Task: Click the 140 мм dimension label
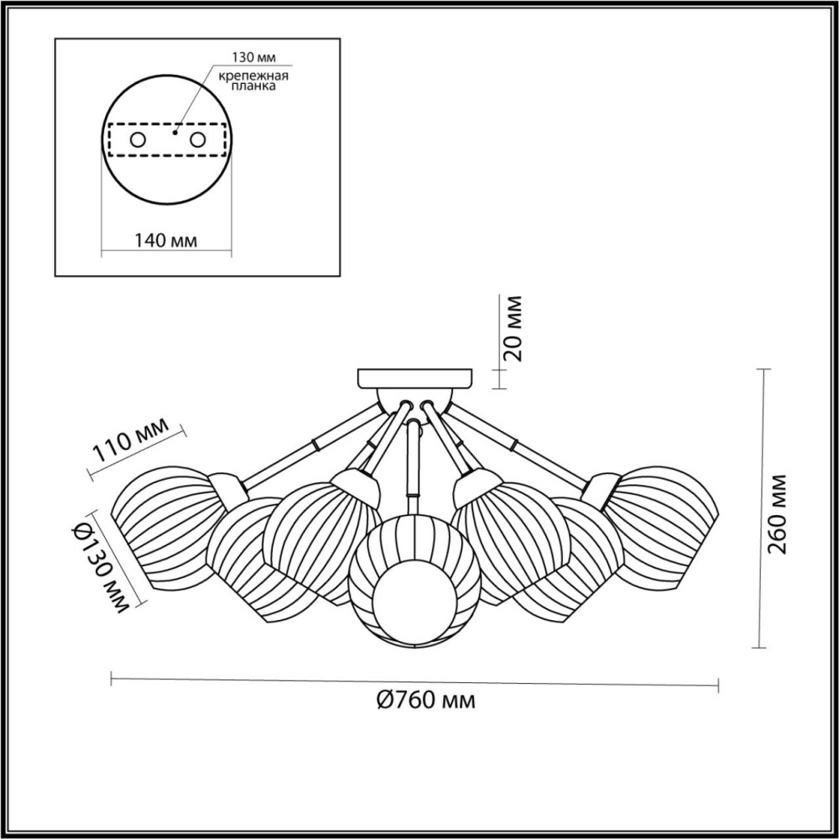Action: [165, 240]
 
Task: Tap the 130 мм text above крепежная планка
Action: [253, 58]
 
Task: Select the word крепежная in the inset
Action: [253, 76]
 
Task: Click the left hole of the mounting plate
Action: [138, 140]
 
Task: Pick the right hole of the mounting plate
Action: [197, 140]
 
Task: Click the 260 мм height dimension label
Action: [777, 514]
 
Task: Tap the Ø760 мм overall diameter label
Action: [425, 700]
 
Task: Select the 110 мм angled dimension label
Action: [131, 440]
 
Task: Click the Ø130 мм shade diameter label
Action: [100, 569]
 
